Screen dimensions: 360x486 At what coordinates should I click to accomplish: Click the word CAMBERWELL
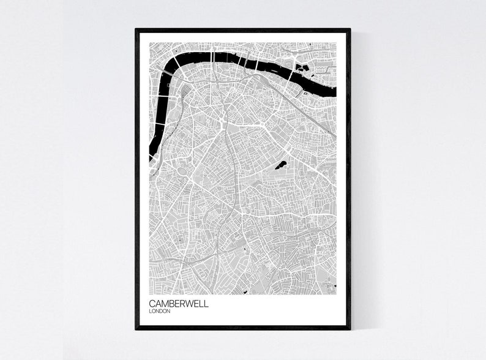tap(178, 303)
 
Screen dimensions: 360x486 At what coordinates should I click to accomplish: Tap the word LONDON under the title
tap(159, 311)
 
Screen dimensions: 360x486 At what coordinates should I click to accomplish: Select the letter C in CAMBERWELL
tap(151, 303)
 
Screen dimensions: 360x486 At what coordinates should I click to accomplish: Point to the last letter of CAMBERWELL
tap(206, 303)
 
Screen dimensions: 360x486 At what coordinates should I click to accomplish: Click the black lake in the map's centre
tap(282, 165)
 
